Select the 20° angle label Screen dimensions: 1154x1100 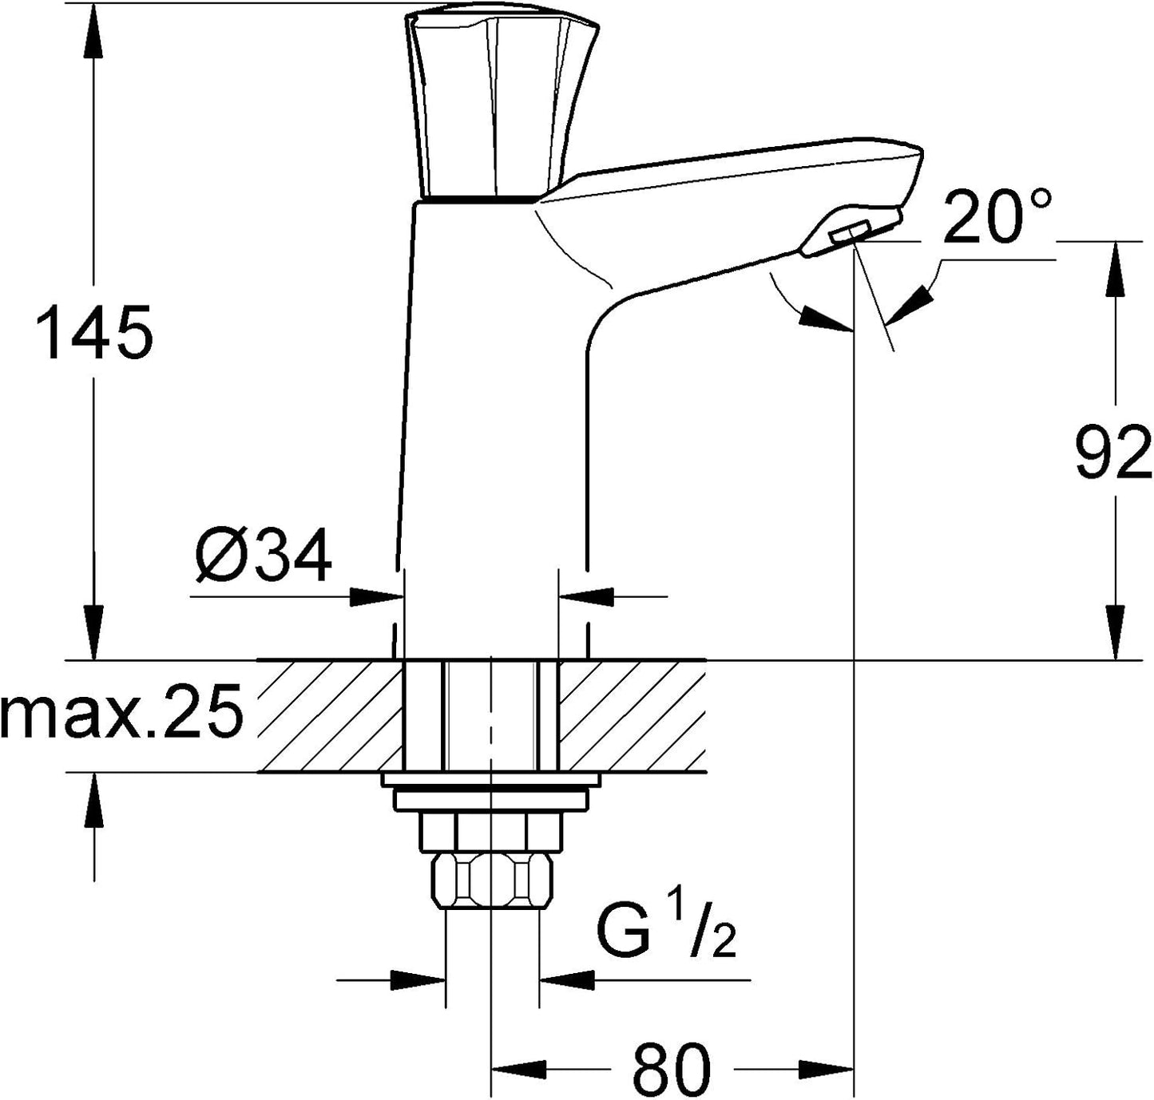click(997, 215)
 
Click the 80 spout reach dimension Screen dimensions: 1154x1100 click(672, 1066)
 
